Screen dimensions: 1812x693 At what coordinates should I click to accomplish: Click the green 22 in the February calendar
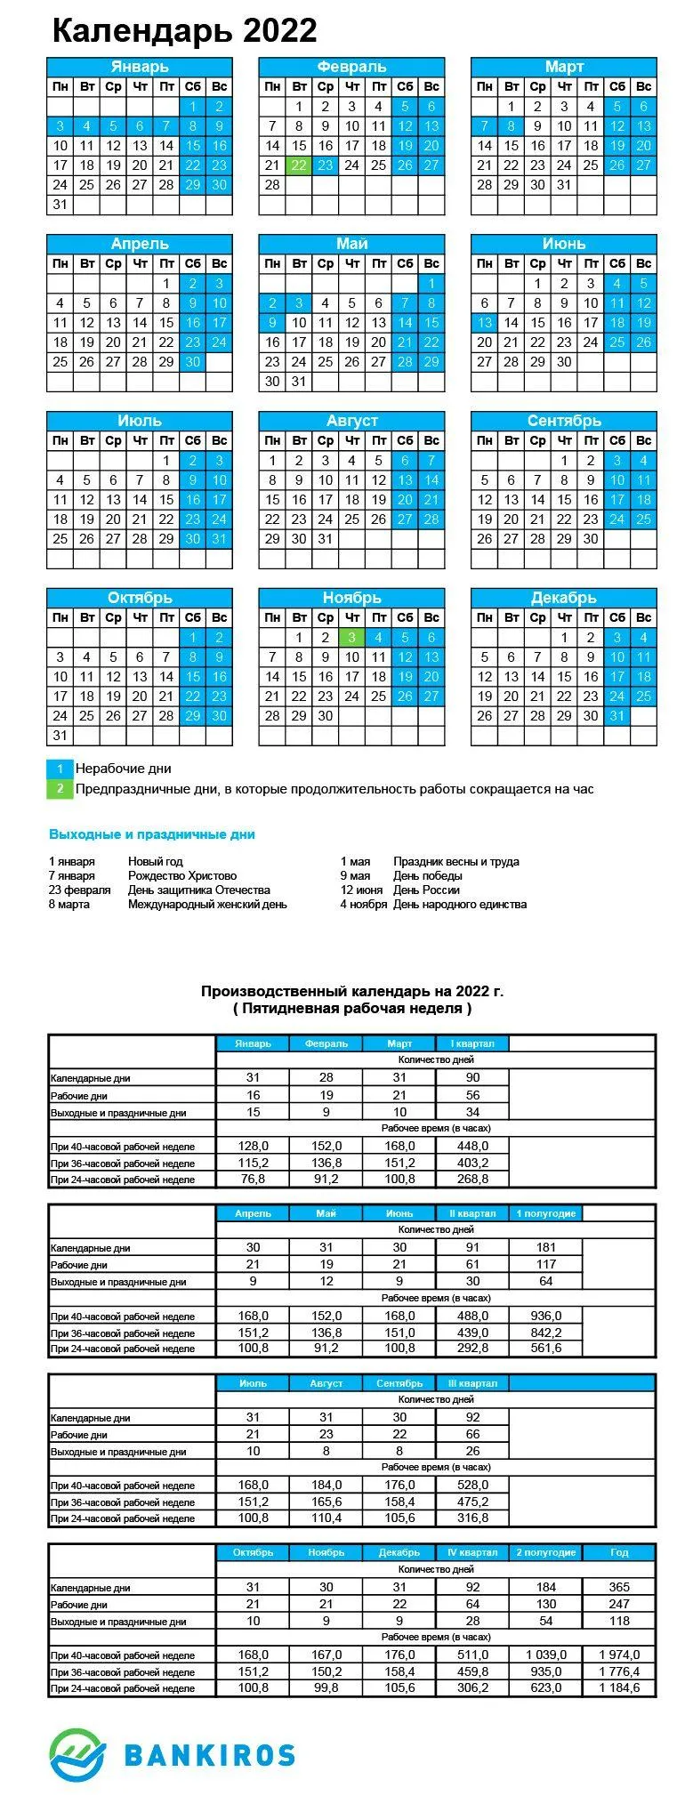[299, 165]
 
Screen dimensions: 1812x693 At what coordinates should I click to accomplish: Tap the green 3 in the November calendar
[352, 638]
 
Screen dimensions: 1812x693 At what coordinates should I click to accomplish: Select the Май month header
[351, 244]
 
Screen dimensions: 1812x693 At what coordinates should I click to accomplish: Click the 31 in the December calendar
[617, 716]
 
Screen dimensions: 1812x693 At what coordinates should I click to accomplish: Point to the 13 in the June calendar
[485, 323]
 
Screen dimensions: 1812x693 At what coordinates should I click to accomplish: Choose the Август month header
[351, 421]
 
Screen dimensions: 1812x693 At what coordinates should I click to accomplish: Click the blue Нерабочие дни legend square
[60, 769]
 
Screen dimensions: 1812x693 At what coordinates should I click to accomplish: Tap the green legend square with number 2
[60, 789]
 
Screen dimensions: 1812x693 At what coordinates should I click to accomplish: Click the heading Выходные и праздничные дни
[152, 834]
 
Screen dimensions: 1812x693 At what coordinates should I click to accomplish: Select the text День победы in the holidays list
[427, 876]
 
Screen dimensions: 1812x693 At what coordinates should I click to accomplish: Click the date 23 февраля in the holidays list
[80, 890]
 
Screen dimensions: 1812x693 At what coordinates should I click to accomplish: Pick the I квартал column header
[472, 1043]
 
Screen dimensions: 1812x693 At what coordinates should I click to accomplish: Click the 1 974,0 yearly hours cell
[619, 1655]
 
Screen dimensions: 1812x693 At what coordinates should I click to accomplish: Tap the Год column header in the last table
[619, 1552]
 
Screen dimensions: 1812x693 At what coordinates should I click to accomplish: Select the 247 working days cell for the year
[619, 1604]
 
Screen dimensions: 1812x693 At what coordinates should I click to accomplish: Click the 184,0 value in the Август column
[326, 1485]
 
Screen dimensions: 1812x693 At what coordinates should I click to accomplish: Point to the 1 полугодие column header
[546, 1213]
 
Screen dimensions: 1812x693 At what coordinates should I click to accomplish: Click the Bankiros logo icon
[77, 1755]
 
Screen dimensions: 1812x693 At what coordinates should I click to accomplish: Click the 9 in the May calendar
[273, 323]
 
